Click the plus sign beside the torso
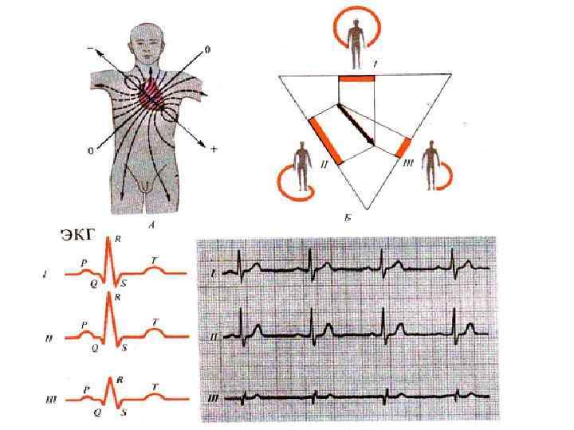214,150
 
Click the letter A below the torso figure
151,224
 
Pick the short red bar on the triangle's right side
403,148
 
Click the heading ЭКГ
77,234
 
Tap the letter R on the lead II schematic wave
118,297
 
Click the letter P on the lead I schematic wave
84,260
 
